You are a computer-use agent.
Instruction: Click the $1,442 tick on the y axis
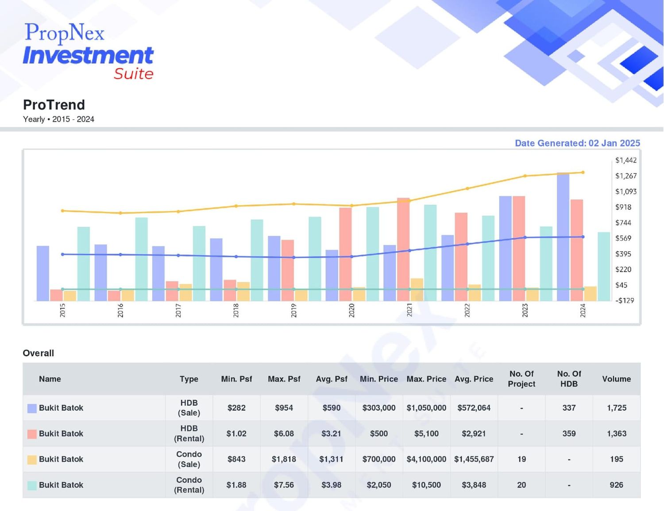[626, 160]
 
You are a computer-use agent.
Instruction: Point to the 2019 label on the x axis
[293, 311]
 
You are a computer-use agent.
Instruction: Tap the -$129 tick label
[624, 301]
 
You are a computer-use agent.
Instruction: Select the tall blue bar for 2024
[563, 237]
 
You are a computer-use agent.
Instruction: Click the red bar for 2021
[403, 250]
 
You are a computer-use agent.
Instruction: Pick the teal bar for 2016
[142, 259]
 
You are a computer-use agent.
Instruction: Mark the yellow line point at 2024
[583, 173]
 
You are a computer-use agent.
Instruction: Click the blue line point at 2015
[63, 254]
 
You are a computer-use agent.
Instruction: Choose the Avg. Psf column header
[332, 379]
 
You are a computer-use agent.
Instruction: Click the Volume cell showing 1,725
[617, 408]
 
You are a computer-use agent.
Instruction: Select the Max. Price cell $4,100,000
[426, 459]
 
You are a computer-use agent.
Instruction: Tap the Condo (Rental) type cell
[189, 485]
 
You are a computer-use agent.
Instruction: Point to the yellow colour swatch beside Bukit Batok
[32, 460]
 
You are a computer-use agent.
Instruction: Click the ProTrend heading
[54, 105]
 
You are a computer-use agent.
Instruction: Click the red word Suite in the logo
[134, 73]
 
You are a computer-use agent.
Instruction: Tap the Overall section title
[39, 353]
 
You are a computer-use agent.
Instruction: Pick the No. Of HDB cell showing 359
[569, 434]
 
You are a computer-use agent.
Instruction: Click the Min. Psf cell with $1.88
[236, 485]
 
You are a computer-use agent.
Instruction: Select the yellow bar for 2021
[417, 290]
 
